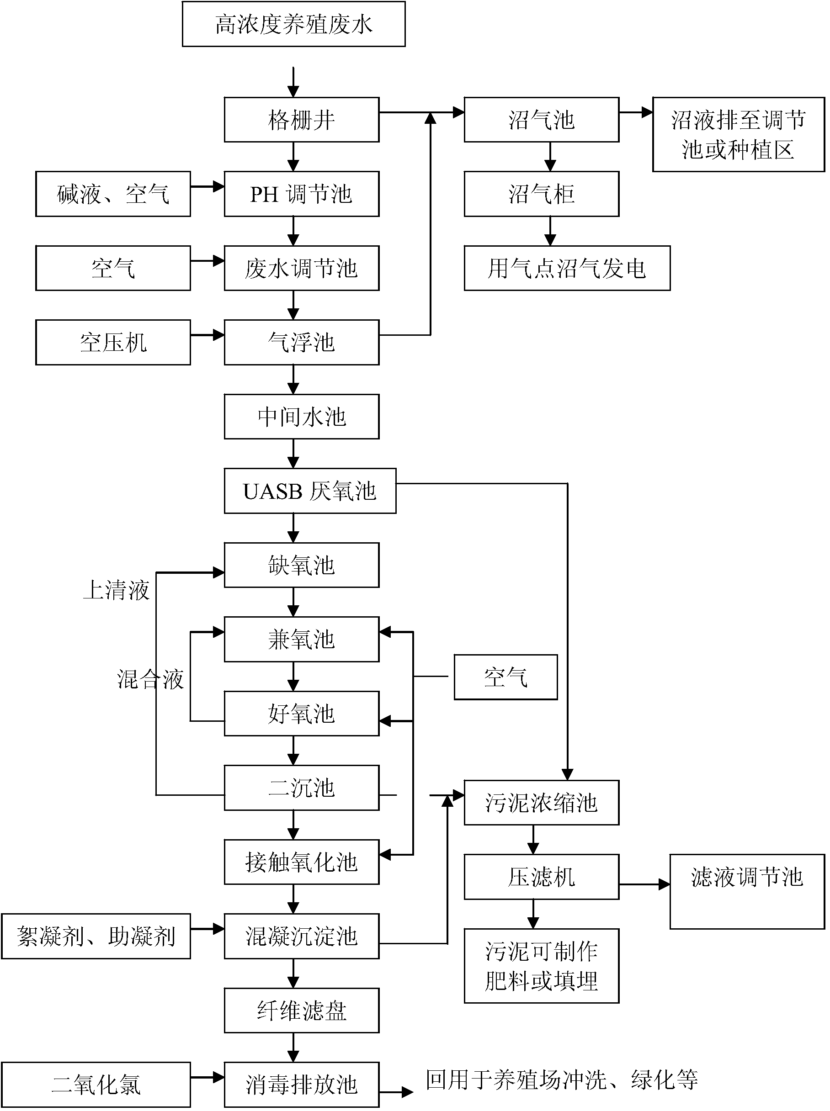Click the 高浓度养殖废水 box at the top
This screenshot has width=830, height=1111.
coord(293,24)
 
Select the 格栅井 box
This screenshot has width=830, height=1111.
coord(302,120)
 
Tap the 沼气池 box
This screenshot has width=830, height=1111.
coord(541,120)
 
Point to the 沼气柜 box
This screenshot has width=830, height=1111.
coord(541,194)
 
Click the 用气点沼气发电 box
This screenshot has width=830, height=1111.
coord(567,268)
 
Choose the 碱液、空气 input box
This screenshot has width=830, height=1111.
coord(112,194)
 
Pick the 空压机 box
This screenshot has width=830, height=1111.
coord(112,342)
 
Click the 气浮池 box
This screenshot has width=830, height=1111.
coord(302,342)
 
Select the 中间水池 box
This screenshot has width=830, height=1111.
coord(302,417)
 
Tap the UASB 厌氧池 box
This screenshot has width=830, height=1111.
coord(309,491)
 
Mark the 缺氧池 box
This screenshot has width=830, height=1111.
coord(302,565)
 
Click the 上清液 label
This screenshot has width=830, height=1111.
coord(116,590)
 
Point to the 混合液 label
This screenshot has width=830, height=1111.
coord(150,679)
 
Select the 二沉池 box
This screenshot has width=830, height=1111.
coord(302,788)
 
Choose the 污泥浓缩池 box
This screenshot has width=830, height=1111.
coord(541,803)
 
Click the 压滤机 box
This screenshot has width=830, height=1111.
coord(541,877)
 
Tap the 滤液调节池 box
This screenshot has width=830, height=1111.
coord(747,892)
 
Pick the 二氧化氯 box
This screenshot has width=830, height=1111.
coord(96,1085)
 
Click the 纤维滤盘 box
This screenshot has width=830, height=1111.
coord(302,1010)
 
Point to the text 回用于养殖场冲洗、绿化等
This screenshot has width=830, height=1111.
coord(562,1079)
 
